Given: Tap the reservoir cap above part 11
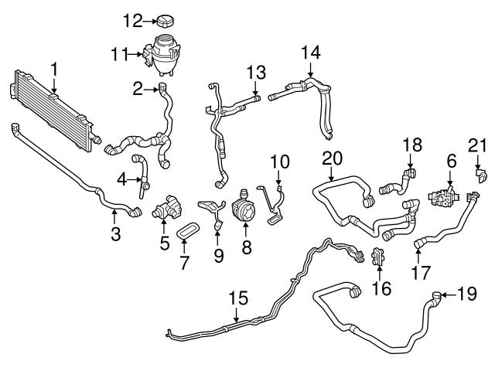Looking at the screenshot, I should (x=167, y=19).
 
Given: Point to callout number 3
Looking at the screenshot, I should (x=115, y=233).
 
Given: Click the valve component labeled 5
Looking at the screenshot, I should (x=166, y=209).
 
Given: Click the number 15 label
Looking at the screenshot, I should (x=240, y=298).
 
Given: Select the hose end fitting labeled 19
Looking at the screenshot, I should (x=438, y=294).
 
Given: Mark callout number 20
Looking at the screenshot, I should (x=332, y=158).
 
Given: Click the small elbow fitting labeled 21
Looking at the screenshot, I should (x=480, y=177).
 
